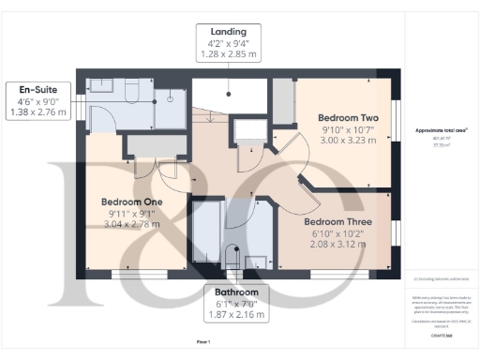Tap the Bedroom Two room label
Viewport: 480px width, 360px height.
pos(341,117)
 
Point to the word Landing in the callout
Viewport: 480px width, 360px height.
pos(229,30)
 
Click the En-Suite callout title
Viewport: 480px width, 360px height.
pos(35,90)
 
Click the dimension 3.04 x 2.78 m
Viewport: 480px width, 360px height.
pos(131,224)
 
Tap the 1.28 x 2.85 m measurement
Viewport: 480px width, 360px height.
pos(229,54)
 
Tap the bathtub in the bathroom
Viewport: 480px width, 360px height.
pos(205,234)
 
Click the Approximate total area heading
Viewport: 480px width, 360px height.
pos(441,130)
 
